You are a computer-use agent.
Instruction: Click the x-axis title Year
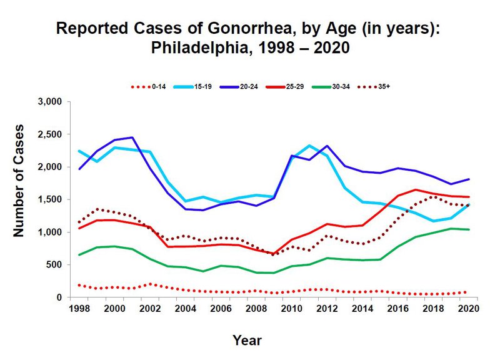[x=247, y=341]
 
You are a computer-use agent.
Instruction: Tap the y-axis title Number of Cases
[x=19, y=198]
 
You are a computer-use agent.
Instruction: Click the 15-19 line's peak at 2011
[x=309, y=146]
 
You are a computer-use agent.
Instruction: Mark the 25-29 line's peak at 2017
[x=416, y=189]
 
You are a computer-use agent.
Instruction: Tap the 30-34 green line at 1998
[x=79, y=255]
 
